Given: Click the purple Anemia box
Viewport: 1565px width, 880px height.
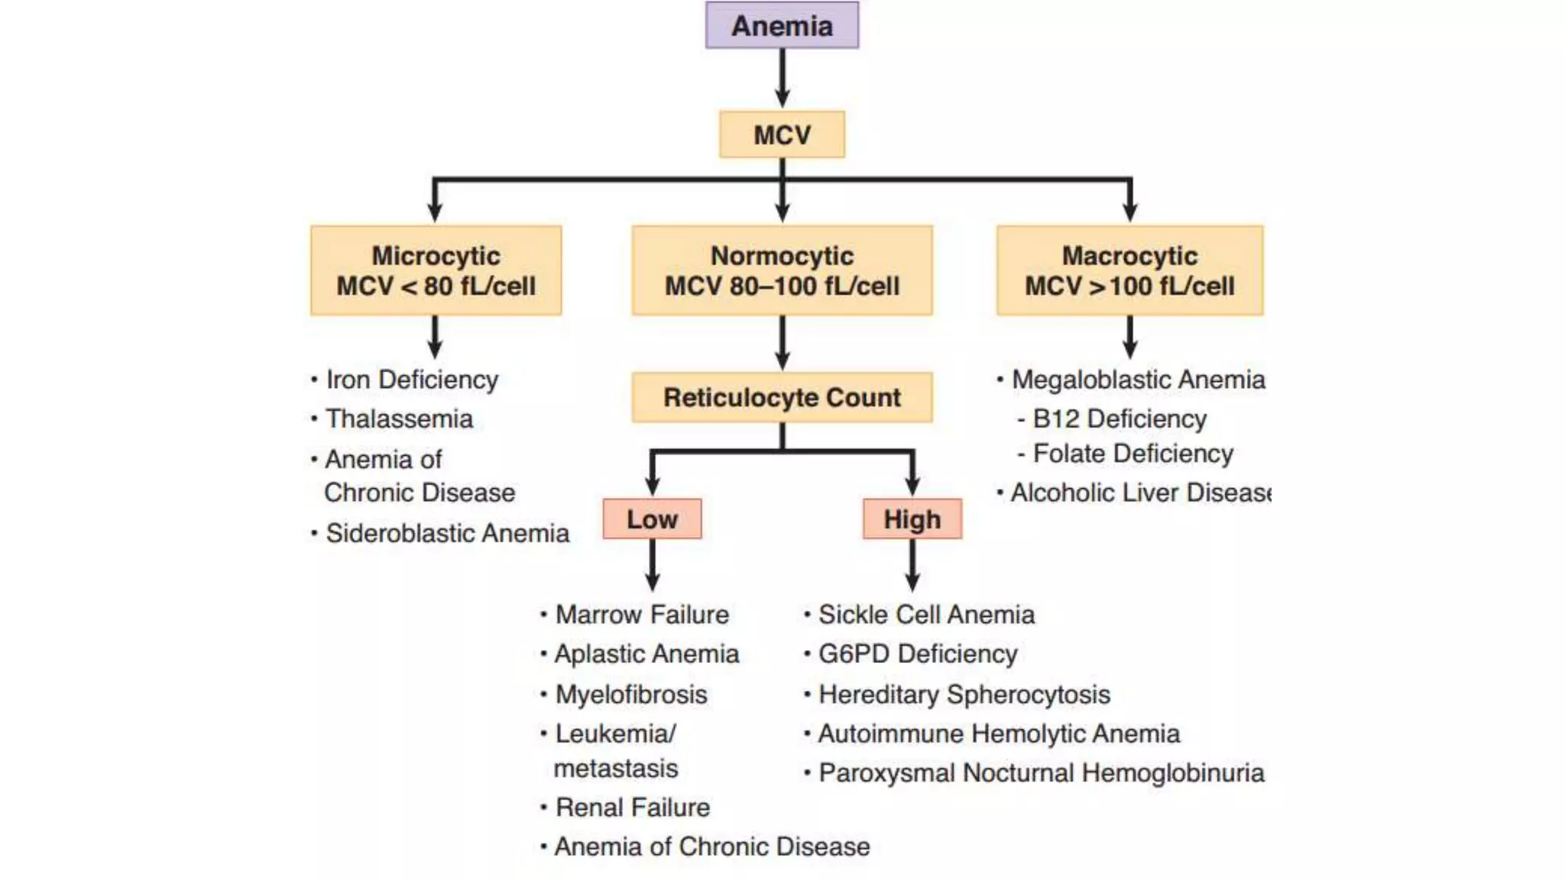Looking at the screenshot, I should [x=782, y=25].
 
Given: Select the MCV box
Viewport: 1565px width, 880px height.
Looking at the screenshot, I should [x=782, y=135].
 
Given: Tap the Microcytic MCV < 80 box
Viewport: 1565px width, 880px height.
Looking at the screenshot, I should [x=436, y=270].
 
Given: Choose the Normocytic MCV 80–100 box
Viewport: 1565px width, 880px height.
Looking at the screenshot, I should [x=782, y=270].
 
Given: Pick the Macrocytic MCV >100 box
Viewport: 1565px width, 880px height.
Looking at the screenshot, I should [x=1129, y=270].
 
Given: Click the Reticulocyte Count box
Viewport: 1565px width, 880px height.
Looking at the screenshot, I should [x=782, y=397].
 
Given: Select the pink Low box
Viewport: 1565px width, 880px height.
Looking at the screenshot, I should [x=652, y=519].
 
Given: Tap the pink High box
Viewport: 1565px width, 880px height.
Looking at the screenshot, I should [x=912, y=519].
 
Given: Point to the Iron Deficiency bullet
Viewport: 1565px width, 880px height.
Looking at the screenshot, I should [x=411, y=380].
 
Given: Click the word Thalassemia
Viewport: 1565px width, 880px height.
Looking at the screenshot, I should [x=399, y=419].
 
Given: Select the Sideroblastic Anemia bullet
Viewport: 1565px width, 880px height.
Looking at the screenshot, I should [x=447, y=533].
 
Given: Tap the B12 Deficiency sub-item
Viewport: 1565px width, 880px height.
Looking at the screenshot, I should [x=1119, y=419].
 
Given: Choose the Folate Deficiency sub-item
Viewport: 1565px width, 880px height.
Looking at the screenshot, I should [x=1132, y=454].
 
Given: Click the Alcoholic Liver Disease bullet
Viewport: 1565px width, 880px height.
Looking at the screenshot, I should [x=1139, y=493].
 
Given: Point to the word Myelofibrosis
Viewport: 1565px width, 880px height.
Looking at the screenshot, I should [x=631, y=694].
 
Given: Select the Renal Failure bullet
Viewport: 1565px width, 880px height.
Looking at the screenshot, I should [x=632, y=807].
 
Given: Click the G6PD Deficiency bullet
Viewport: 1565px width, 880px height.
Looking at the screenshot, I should [x=917, y=654].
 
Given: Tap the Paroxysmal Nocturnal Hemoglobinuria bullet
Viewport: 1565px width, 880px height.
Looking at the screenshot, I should [x=1041, y=773].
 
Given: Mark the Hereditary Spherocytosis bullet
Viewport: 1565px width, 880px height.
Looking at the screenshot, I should [x=964, y=694].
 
